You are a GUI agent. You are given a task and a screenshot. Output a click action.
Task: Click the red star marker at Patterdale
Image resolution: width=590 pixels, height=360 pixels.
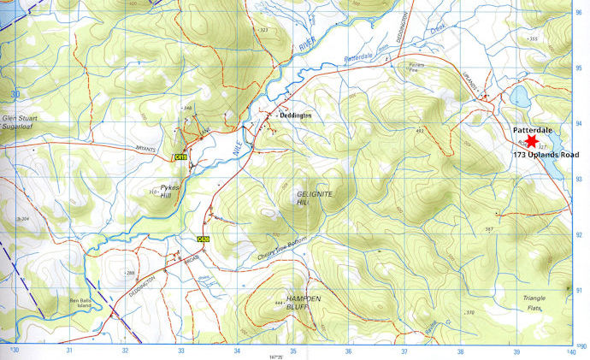pos(530,141)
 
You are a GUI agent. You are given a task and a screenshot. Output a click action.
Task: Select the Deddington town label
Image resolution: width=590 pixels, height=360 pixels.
pos(297,114)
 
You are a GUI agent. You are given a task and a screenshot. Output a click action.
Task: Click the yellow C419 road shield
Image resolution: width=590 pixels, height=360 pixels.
pos(180,157)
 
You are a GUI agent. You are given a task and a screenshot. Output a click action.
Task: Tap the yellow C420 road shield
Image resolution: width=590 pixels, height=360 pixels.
pos(203,239)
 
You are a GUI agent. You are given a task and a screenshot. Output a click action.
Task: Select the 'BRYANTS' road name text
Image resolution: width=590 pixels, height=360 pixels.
pos(143,148)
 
